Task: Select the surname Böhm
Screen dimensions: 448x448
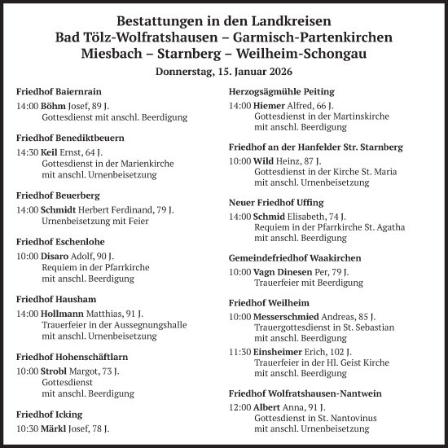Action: [x=55, y=107]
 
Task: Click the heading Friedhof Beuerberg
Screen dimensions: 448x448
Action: [x=57, y=196]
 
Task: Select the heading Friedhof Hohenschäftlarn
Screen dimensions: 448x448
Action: [x=72, y=357]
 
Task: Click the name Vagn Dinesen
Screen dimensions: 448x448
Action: [x=292, y=272]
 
